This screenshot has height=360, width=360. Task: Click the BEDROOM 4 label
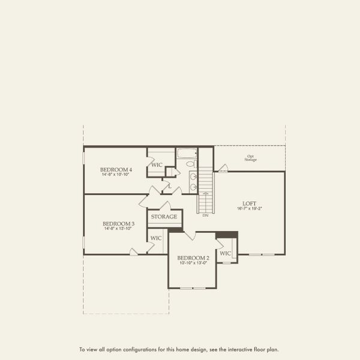116,170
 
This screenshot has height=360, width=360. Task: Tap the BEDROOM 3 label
118,224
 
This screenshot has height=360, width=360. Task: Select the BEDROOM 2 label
193,258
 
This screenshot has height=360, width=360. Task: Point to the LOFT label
250,203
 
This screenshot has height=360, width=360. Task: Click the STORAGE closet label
164,217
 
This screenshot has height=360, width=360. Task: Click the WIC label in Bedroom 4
157,165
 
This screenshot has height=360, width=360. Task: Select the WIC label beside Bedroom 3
156,238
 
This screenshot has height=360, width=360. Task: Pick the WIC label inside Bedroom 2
225,253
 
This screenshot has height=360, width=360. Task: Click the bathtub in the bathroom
186,154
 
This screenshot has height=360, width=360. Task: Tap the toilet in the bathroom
190,164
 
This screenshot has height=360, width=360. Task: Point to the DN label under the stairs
205,215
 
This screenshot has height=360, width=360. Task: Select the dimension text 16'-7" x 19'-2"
250,209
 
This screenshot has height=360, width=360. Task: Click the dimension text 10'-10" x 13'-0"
193,263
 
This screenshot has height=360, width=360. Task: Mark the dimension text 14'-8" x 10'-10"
116,175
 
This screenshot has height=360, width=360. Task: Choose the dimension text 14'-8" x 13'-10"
118,229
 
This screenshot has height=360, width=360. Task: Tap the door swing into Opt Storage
223,168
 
